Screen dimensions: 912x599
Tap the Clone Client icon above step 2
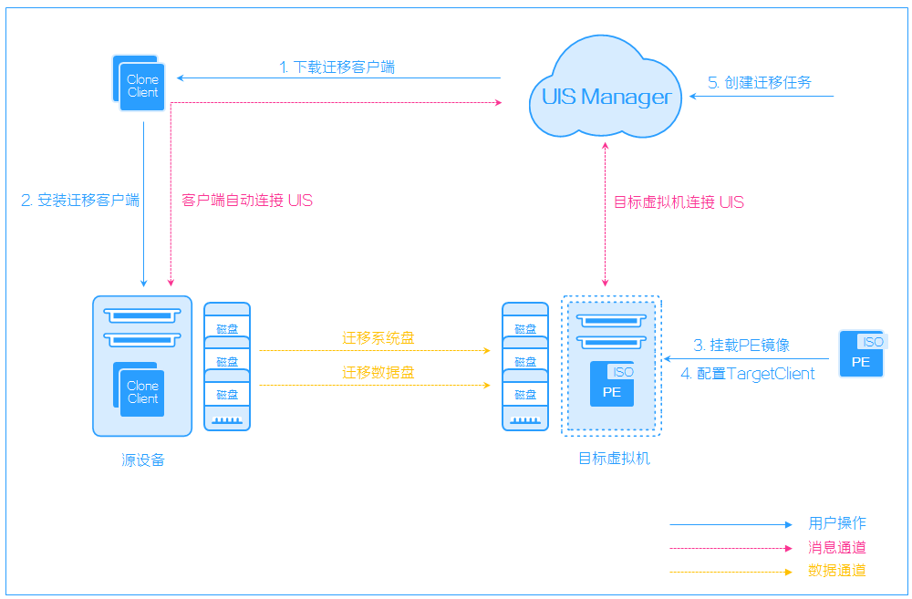(x=139, y=83)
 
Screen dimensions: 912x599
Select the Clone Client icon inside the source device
(x=139, y=389)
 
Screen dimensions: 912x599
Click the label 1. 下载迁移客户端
(x=337, y=67)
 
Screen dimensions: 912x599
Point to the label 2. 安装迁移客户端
(x=80, y=200)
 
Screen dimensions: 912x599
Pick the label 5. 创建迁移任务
(x=760, y=83)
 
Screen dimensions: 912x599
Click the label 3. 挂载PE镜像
(x=741, y=345)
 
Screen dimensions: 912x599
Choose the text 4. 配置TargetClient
(x=748, y=374)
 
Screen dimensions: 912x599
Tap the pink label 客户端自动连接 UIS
(x=247, y=201)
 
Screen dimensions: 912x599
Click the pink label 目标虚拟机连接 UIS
(x=679, y=201)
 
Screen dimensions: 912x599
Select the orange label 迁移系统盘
(x=378, y=338)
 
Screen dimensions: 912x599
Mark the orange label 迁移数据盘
(x=378, y=372)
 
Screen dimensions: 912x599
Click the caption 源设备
(x=143, y=460)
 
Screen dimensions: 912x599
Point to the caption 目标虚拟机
(x=614, y=459)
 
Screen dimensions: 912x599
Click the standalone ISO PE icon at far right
(x=862, y=354)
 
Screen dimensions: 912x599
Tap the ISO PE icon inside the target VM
(x=612, y=384)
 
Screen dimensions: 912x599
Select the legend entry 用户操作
(x=837, y=523)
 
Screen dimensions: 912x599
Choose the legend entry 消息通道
(x=837, y=547)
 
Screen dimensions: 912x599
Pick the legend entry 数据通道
(x=837, y=571)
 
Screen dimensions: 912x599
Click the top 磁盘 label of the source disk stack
(x=227, y=329)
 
